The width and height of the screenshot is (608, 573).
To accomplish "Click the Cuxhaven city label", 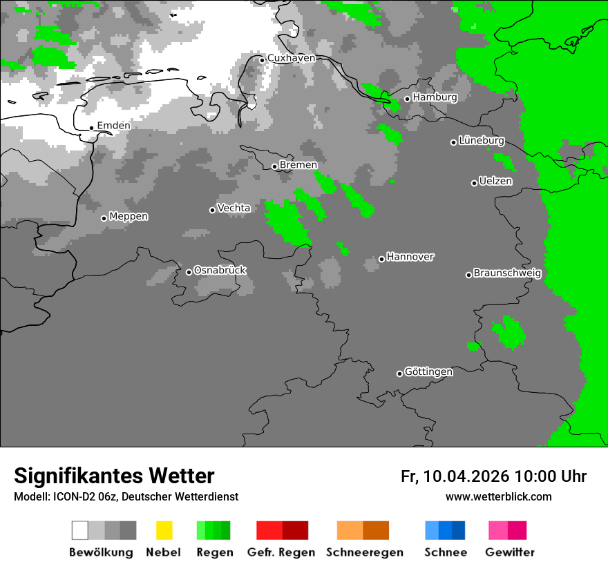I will coord(291,58).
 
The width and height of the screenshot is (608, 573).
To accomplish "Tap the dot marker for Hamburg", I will coord(408,99).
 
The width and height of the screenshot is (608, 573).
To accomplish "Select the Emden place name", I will coord(113,126).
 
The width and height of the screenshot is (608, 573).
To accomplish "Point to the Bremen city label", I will coord(298,165).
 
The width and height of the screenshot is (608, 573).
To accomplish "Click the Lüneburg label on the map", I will coord(482,141).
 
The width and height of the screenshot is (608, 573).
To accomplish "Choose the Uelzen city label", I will coord(495,182).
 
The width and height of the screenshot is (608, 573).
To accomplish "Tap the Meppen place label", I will coord(129,217).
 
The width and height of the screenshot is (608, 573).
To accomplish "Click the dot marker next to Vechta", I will coord(212,210).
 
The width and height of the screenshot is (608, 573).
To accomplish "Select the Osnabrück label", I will coord(220,271).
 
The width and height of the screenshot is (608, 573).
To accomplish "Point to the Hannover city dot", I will coord(381,259).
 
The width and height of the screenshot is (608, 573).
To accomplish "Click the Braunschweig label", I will coord(507,273).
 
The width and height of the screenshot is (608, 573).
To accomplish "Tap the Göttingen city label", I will coord(428,372).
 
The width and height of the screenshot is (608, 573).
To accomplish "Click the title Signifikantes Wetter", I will coord(114,476).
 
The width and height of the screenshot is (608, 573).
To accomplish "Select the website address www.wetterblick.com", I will coord(498,497).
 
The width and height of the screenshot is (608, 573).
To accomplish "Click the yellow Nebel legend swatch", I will coord(164,530).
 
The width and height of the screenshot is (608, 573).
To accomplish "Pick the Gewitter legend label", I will coord(510,552).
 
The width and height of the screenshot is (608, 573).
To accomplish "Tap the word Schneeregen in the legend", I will coord(365,552).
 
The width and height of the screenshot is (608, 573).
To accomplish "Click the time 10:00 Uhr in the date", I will coord(551,476).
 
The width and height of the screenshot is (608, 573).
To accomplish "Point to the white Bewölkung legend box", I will coord(80,530).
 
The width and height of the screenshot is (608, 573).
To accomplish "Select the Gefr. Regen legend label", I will coord(281,552).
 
